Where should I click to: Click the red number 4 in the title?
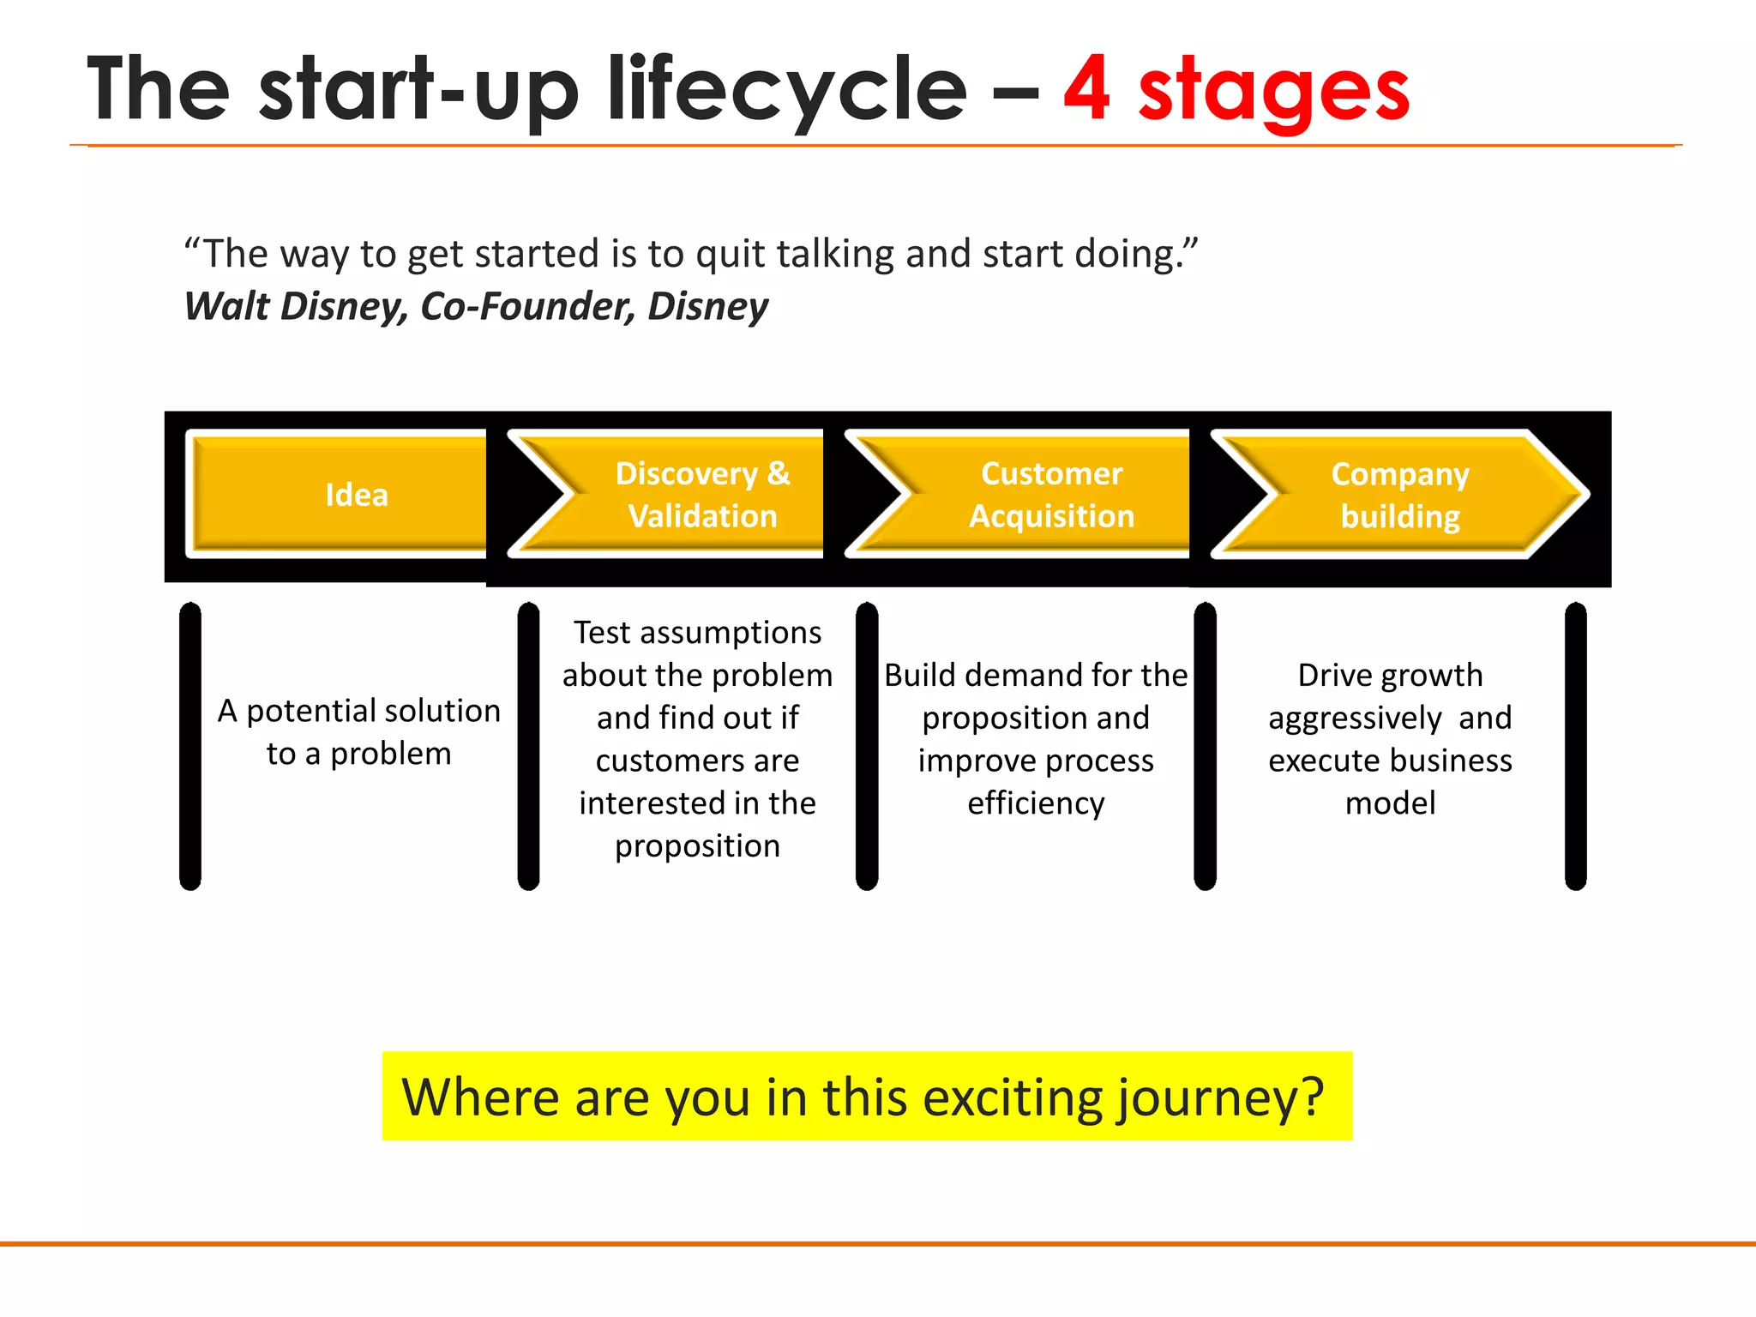pos(1087,89)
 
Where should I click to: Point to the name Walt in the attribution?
pos(226,306)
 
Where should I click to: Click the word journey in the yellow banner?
pos(1221,1098)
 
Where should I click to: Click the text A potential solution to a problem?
pos(358,731)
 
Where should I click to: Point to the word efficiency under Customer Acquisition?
pos(1036,803)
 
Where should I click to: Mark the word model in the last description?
pos(1390,803)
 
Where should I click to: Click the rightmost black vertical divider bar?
pos(1575,746)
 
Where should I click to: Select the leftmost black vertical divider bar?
pos(190,746)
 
